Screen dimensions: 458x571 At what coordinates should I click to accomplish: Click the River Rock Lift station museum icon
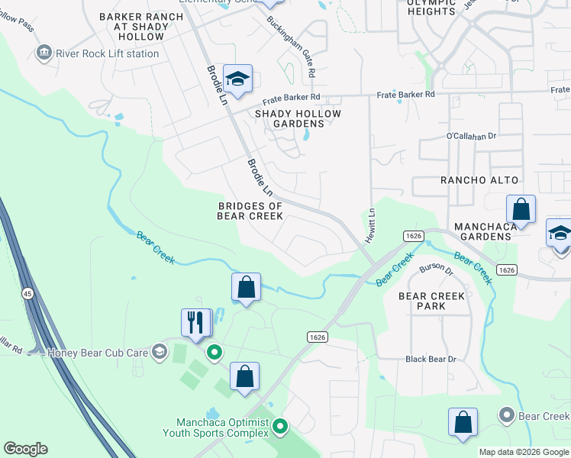pos(44,53)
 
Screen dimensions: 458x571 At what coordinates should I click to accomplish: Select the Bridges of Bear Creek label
pos(250,211)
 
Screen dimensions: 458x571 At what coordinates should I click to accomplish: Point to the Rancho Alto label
pos(479,180)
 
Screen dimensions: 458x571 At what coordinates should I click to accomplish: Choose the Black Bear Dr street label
pos(431,359)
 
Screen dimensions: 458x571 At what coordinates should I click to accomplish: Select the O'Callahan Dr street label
pos(471,136)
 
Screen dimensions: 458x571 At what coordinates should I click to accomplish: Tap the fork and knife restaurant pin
pos(196,321)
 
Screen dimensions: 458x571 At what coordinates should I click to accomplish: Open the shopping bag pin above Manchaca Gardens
pos(521,208)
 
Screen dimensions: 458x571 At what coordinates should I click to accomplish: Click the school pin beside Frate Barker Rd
pos(237,79)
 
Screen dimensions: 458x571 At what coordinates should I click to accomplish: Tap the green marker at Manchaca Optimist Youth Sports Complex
pos(280,426)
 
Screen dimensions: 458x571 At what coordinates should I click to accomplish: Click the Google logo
pos(25,449)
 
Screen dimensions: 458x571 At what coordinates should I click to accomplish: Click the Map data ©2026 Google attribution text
pos(524,452)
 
